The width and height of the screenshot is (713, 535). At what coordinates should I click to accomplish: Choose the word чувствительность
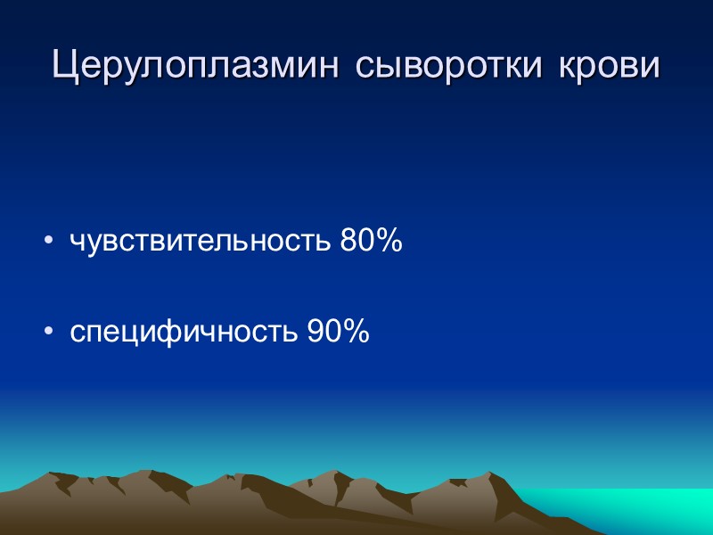point(201,242)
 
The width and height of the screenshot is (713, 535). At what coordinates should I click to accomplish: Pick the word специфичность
point(184,333)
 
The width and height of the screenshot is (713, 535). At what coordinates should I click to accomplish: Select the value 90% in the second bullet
point(338,333)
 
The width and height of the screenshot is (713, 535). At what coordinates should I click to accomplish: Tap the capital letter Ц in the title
point(65,67)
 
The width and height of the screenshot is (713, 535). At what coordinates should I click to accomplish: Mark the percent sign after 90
point(356,333)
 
